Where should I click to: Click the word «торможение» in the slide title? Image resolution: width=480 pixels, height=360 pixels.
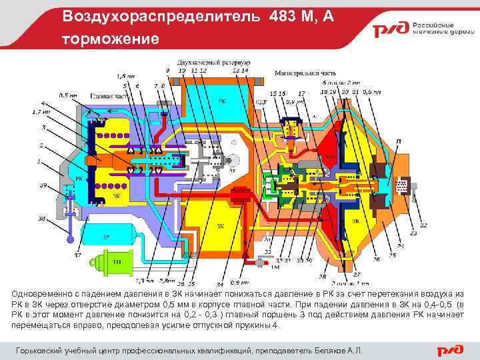point(111,39)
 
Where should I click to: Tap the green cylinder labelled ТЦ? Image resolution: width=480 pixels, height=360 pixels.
point(114,261)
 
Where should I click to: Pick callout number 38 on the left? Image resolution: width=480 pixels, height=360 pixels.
point(42,218)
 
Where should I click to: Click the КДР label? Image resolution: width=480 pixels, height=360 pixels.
point(261,102)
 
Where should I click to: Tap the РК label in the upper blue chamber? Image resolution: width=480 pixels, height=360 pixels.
point(222,101)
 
